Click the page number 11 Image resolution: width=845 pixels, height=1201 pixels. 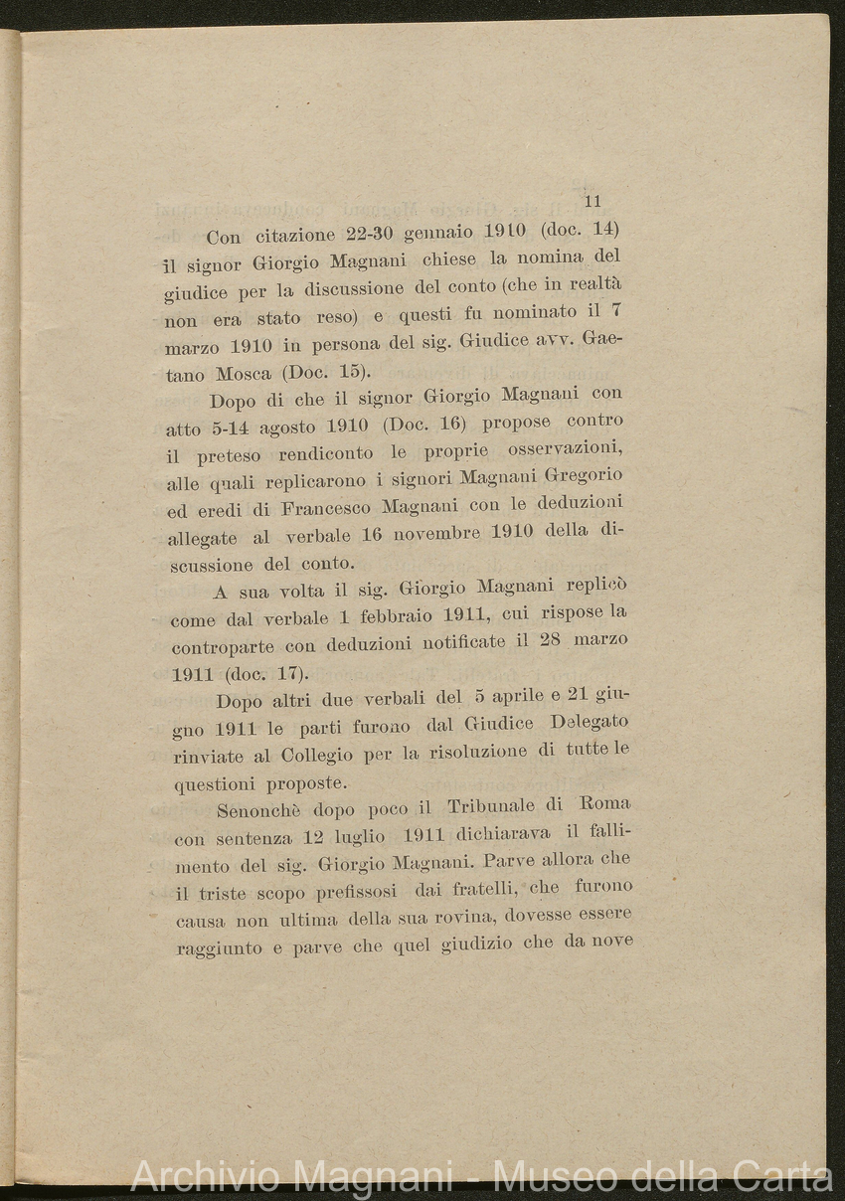tap(593, 201)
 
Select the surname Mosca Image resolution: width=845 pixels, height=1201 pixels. tap(244, 375)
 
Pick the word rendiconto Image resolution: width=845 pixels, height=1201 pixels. tap(327, 453)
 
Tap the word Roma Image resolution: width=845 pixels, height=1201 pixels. tap(605, 801)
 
